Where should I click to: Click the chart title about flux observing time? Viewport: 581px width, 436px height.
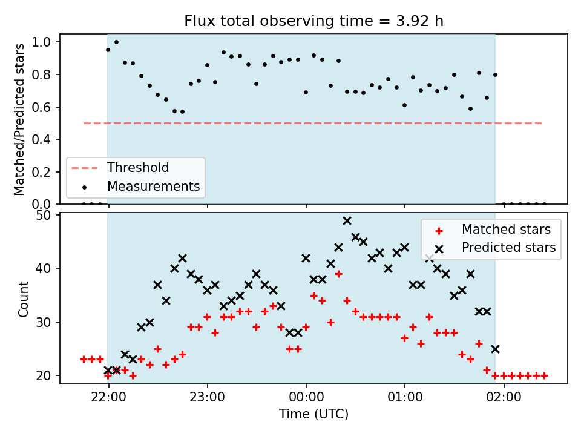[314, 21]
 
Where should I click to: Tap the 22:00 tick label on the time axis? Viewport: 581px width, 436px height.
[108, 397]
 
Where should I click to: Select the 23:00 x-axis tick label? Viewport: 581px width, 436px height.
[207, 397]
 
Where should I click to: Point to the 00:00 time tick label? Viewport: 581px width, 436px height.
[306, 397]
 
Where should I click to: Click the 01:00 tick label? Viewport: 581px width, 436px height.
[405, 397]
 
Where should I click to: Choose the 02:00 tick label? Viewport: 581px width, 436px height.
[504, 397]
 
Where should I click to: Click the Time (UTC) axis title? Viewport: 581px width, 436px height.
[314, 414]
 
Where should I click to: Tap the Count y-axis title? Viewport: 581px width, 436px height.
[23, 299]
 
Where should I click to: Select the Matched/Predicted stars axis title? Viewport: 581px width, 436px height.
[19, 119]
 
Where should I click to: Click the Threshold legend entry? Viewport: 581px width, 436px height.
[120, 168]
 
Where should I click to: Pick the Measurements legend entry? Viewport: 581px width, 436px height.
[141, 186]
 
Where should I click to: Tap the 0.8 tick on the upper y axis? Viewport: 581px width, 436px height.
[42, 74]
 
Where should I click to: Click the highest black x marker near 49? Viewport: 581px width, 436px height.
[347, 221]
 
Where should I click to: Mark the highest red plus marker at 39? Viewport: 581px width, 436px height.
[338, 274]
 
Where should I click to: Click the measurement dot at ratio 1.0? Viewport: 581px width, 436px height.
[116, 42]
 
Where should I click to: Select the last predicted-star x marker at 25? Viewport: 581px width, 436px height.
[496, 349]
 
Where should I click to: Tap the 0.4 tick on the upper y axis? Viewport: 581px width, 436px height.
[42, 139]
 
